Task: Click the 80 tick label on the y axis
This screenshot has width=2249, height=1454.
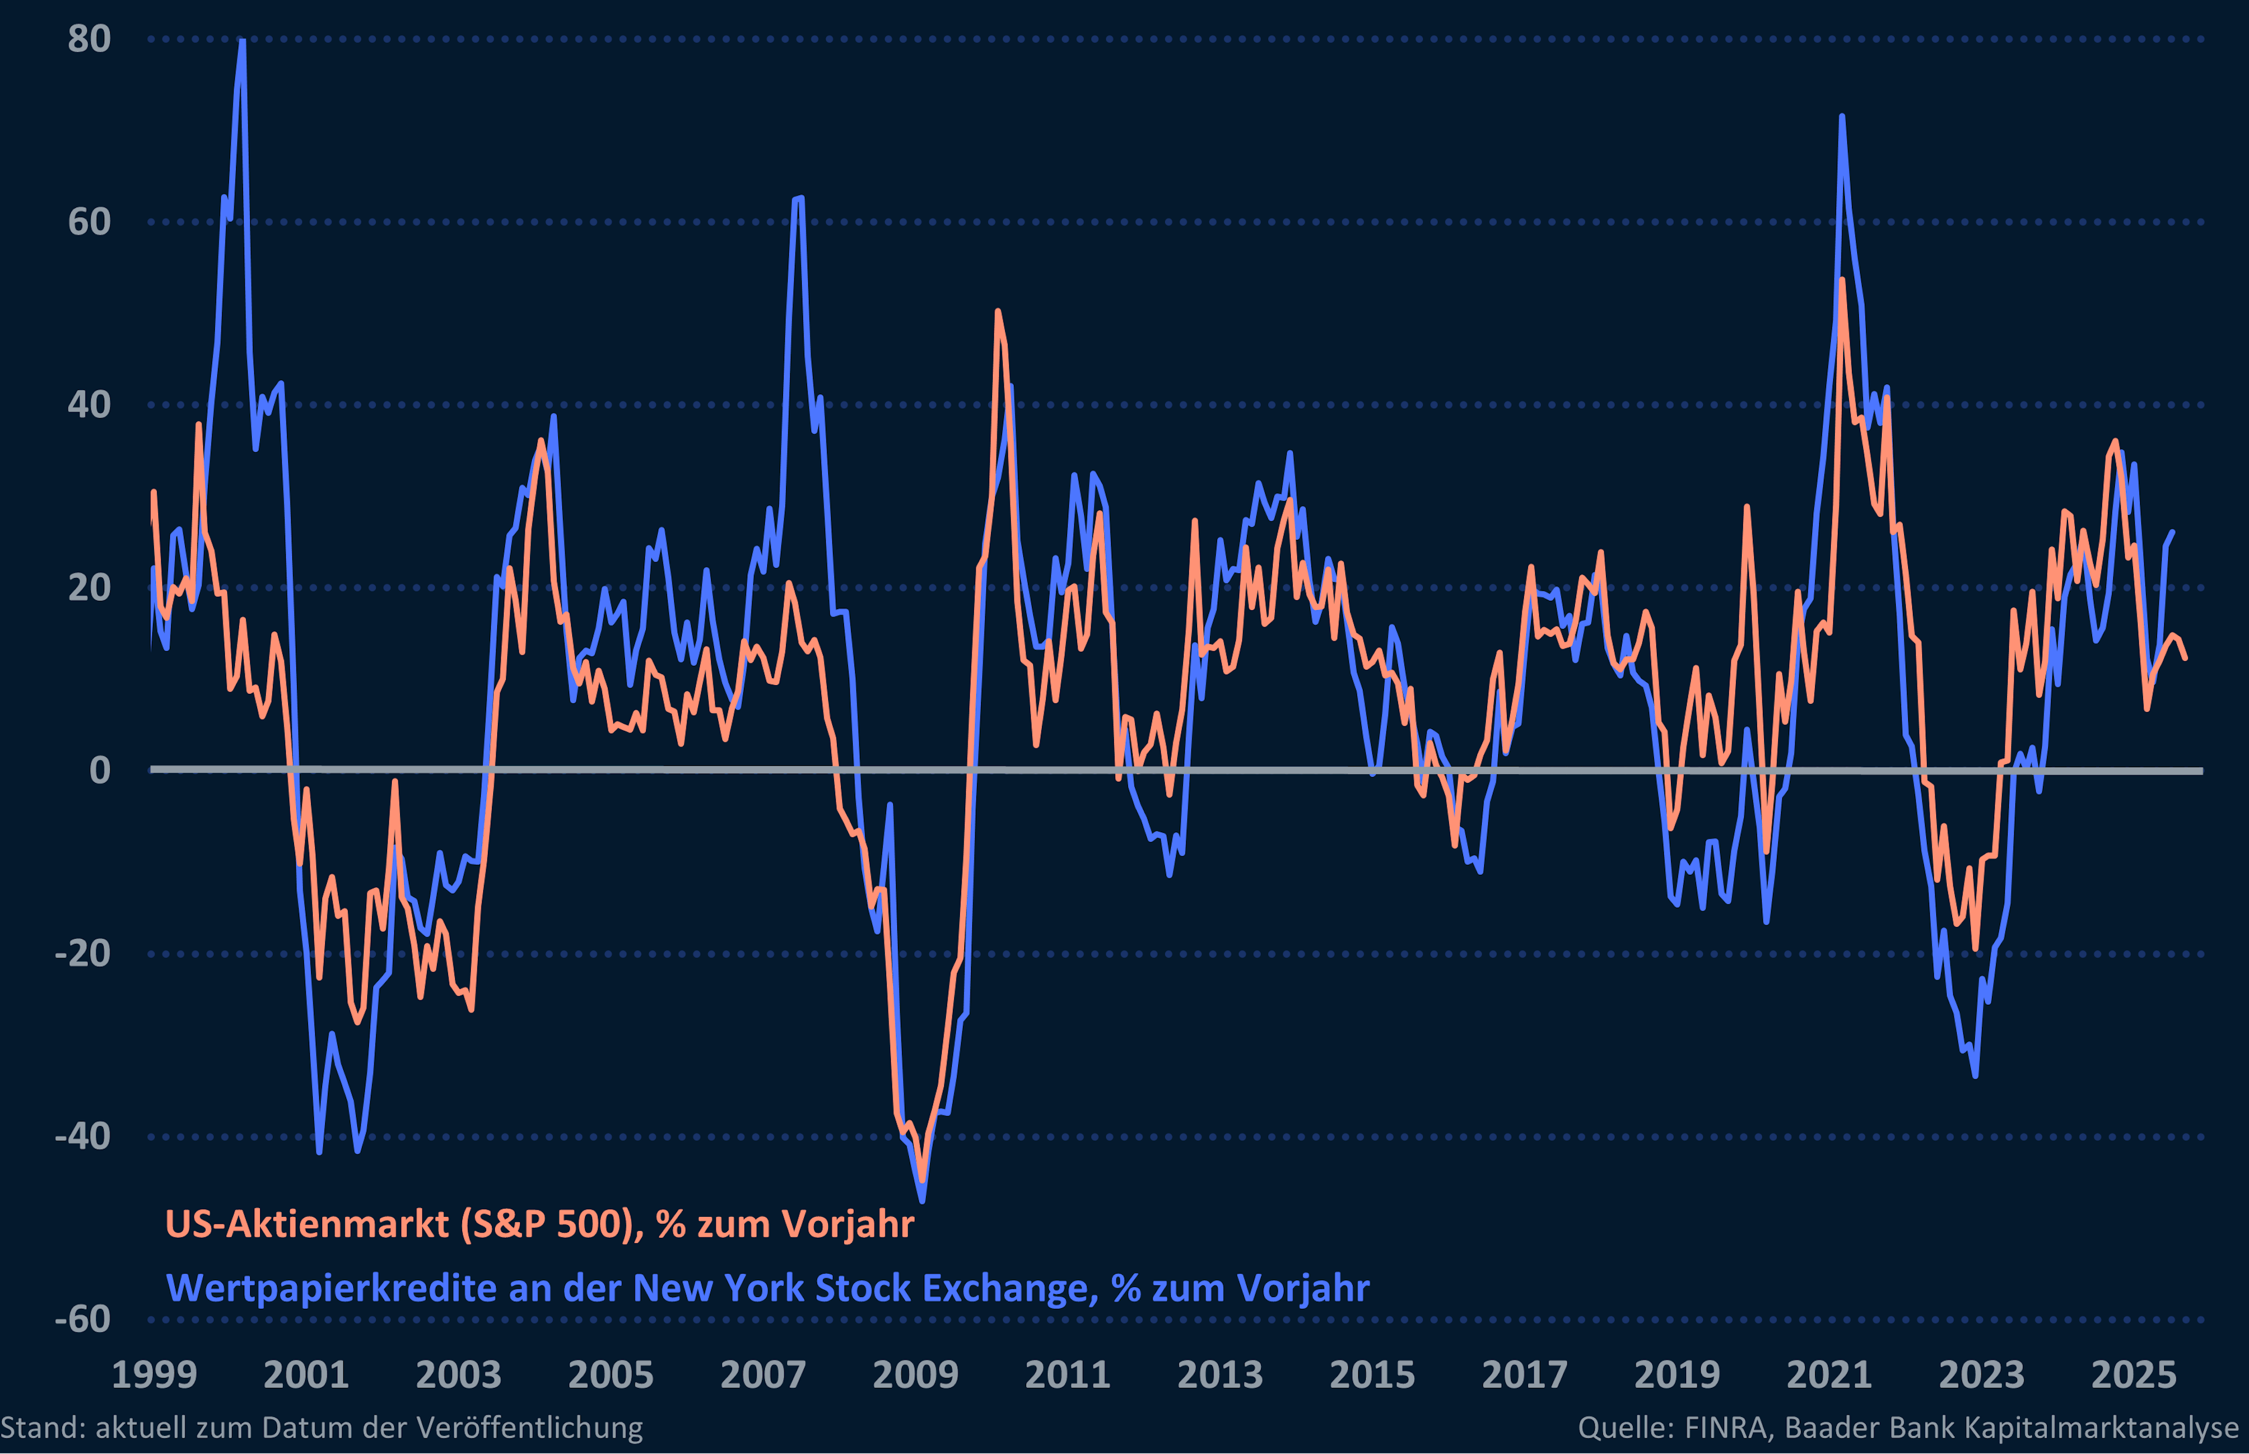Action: point(89,40)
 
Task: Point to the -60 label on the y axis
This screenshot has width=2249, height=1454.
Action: point(83,1319)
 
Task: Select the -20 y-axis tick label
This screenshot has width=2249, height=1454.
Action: point(83,953)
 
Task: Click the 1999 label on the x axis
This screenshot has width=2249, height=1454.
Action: point(154,1375)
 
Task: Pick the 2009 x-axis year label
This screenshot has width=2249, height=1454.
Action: point(915,1375)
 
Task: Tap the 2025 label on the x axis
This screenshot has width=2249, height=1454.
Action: point(2133,1375)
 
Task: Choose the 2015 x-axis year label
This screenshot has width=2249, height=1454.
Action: point(1372,1375)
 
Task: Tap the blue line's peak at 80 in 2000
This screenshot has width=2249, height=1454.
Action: point(242,42)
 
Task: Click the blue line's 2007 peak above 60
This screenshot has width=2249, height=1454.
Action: point(801,199)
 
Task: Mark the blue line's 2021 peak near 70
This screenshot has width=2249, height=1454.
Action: point(1842,117)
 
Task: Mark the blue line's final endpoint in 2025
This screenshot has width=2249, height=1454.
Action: point(2172,532)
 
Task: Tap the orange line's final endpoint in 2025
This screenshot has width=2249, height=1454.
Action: point(2185,658)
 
